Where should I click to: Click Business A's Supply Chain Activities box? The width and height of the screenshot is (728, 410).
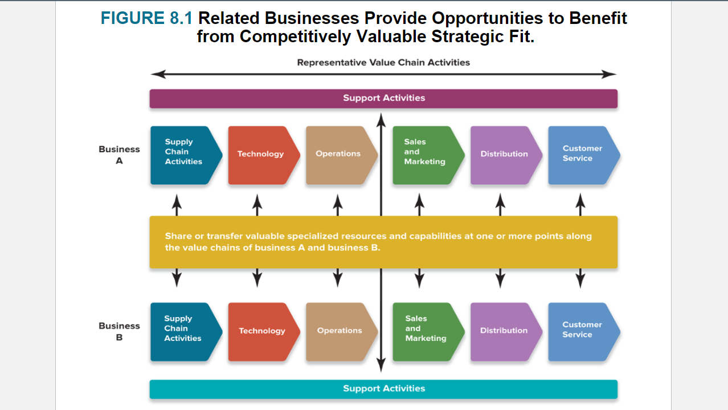(x=184, y=155)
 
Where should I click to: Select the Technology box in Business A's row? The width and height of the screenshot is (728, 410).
(x=261, y=155)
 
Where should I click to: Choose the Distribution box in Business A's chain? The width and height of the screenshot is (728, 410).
(x=504, y=155)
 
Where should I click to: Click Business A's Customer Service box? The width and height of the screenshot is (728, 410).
(x=582, y=155)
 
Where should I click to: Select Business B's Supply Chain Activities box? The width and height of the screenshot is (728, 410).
(x=183, y=331)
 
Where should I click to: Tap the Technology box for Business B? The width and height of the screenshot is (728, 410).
(x=261, y=331)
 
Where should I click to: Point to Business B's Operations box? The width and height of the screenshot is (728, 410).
(x=340, y=331)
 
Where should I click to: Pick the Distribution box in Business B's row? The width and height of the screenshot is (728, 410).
(x=504, y=331)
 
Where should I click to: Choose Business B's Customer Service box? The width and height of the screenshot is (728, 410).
(x=582, y=331)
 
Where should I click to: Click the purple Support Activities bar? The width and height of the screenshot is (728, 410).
(x=383, y=98)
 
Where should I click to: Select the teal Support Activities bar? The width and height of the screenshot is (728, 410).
(x=383, y=389)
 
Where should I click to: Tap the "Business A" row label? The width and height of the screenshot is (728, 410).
(x=119, y=155)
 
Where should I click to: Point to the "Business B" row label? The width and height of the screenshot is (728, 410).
(x=119, y=331)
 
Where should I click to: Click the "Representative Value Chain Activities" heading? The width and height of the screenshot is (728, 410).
(x=383, y=62)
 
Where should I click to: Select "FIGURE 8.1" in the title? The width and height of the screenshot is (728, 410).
(x=147, y=18)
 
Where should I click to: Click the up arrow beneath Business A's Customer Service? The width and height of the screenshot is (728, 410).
(x=580, y=204)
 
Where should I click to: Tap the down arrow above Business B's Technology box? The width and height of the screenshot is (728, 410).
(x=257, y=278)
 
